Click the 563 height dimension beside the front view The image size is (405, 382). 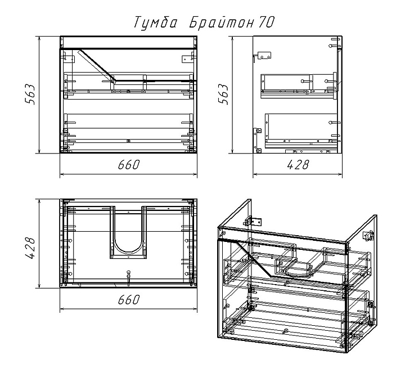click(x=30, y=94)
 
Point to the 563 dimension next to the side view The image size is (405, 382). click(x=223, y=94)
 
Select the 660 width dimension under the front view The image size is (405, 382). click(x=128, y=165)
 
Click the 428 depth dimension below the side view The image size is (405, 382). click(x=298, y=165)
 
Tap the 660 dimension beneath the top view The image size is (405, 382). click(x=128, y=299)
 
